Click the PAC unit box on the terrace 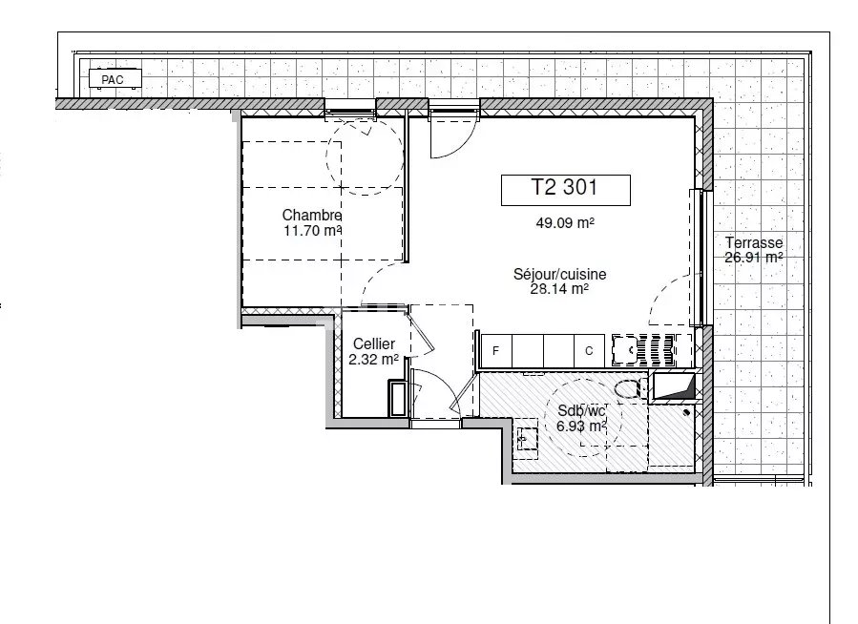(115, 78)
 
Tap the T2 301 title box (565, 190)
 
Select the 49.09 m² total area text (565, 222)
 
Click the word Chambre (312, 215)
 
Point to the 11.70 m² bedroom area (312, 230)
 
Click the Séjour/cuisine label (559, 274)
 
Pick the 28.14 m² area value (559, 289)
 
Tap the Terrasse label (753, 242)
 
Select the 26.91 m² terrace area (753, 257)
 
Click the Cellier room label (374, 344)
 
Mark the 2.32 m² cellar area (373, 360)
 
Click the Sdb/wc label (581, 410)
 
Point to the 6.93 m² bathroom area (581, 426)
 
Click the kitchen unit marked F (495, 350)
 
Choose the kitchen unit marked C (589, 350)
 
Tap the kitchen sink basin (625, 350)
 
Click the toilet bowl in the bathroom (629, 389)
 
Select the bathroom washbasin (527, 438)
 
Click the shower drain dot (687, 412)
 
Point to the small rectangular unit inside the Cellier (398, 399)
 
